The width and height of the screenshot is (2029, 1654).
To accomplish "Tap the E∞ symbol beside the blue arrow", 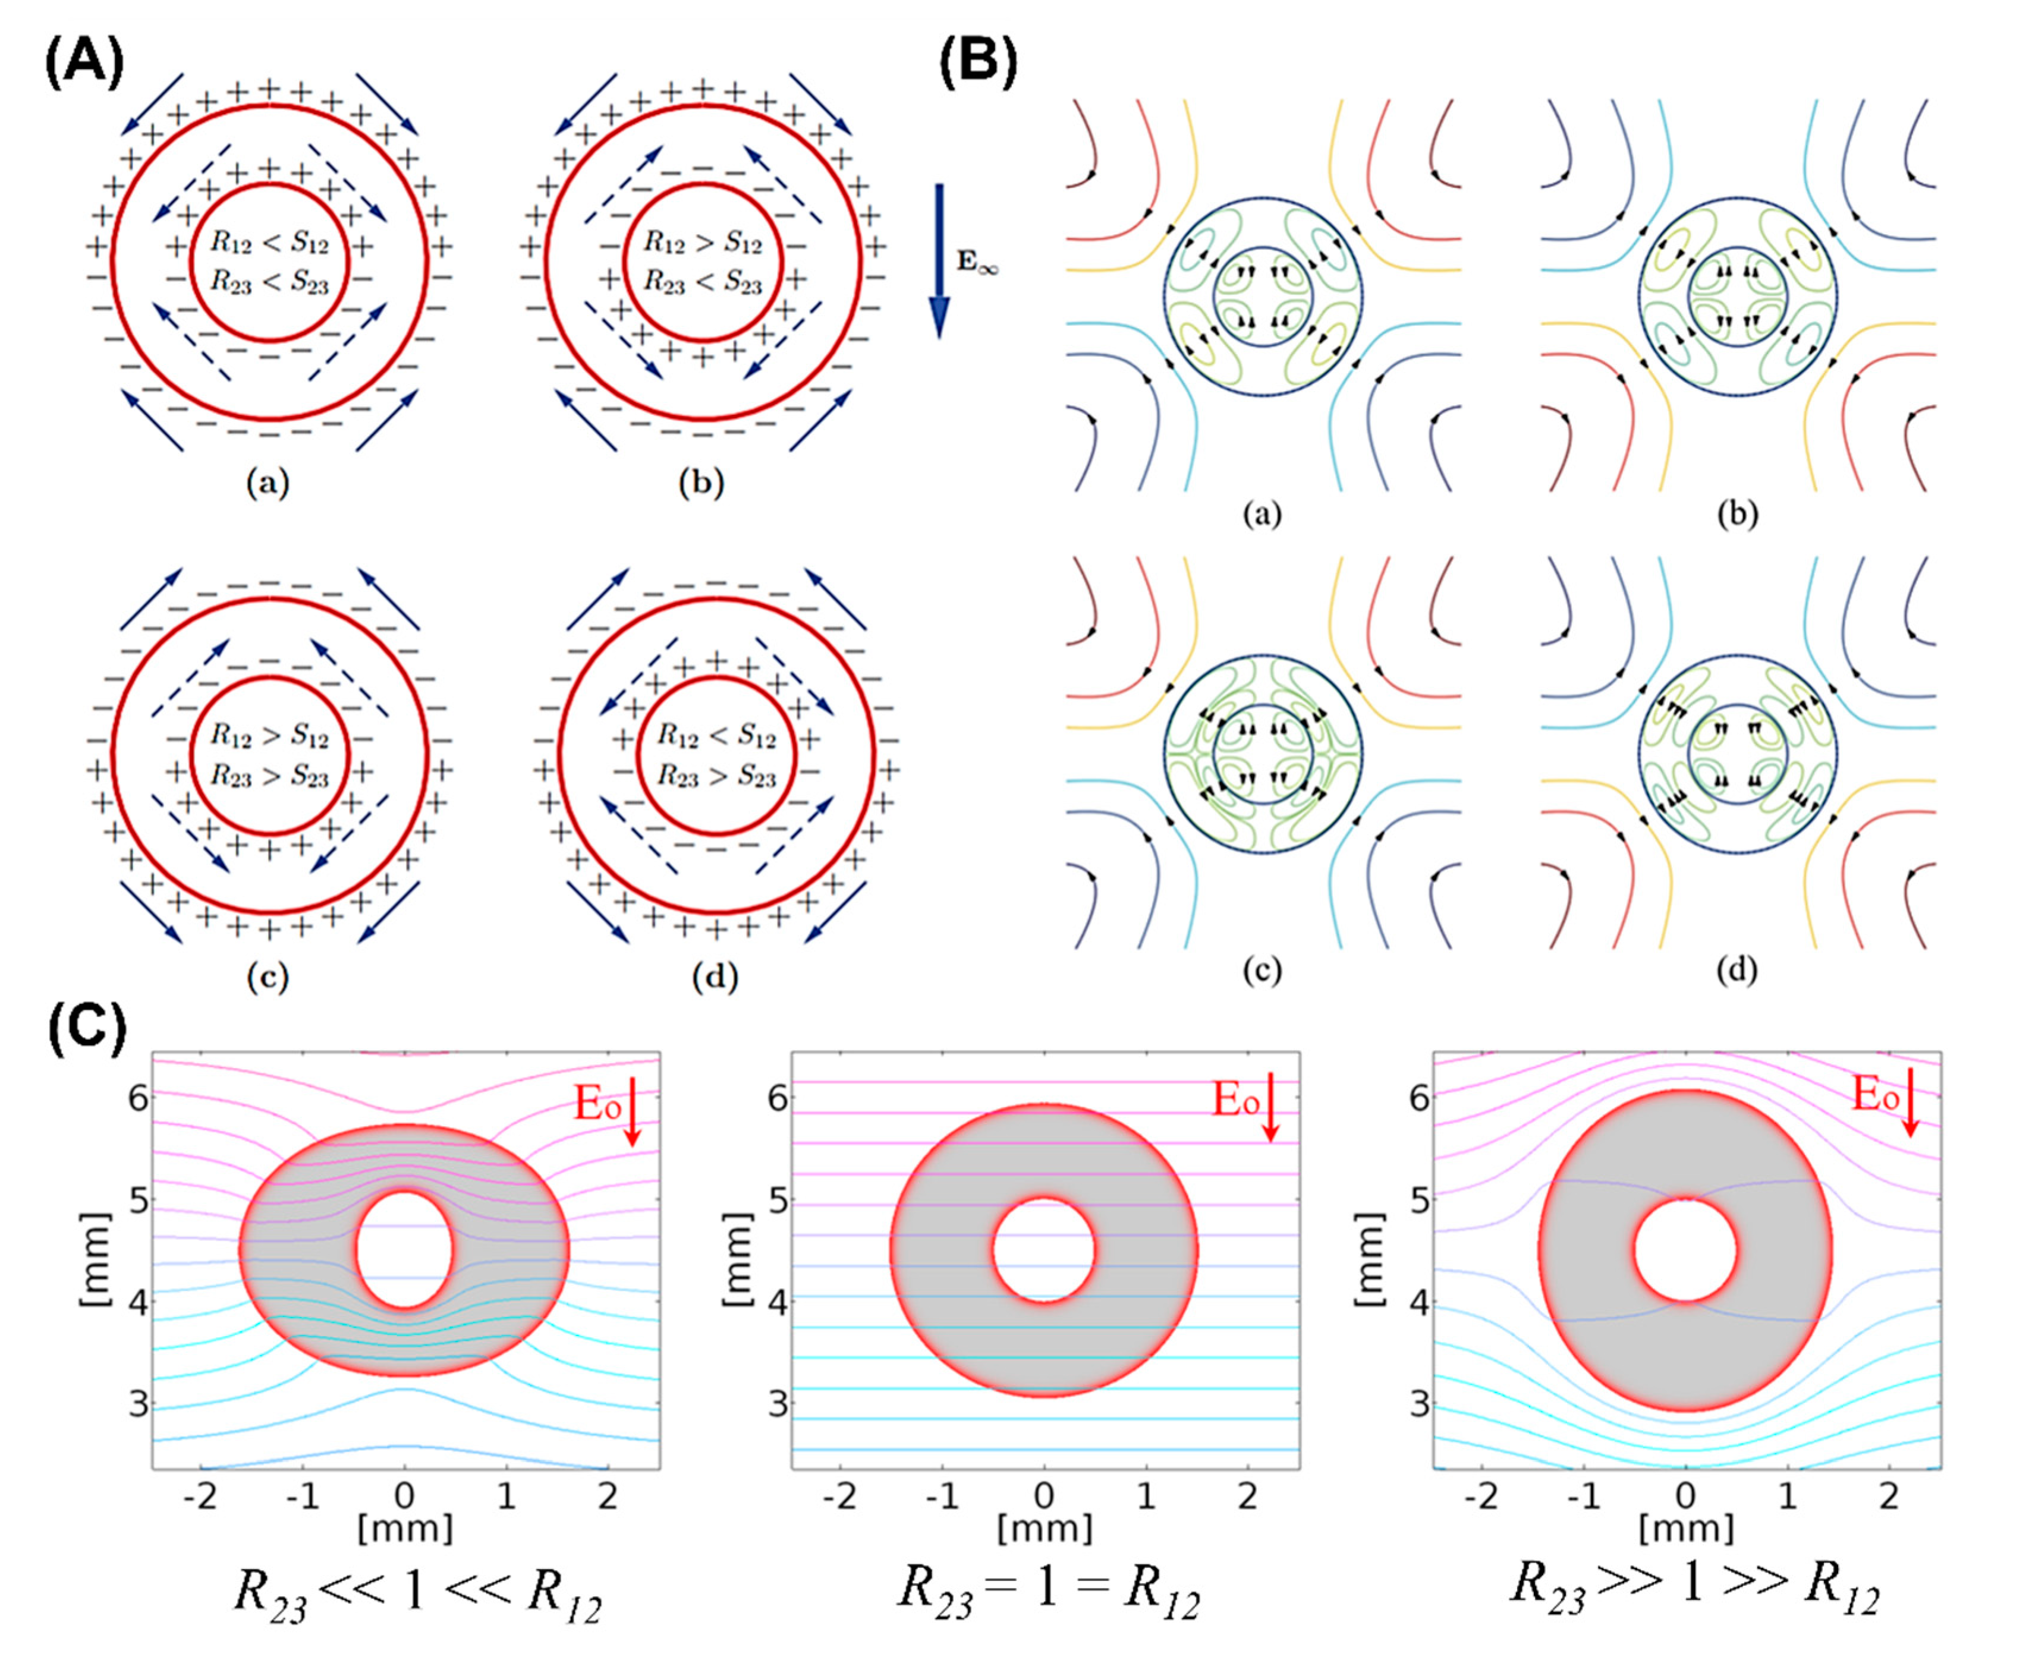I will pyautogui.click(x=977, y=262).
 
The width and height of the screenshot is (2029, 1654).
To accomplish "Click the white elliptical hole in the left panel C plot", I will pyautogui.click(x=404, y=1249).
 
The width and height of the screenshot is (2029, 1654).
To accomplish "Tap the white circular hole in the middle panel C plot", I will pyautogui.click(x=1045, y=1250).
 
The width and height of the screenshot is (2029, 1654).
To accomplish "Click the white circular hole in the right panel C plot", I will pyautogui.click(x=1685, y=1250).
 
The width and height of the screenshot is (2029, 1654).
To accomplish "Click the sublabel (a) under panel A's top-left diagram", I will pyautogui.click(x=268, y=484).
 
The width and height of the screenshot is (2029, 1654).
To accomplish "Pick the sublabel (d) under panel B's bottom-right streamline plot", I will pyautogui.click(x=1737, y=970).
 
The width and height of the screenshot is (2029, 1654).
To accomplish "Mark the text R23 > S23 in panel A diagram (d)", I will pyautogui.click(x=717, y=777).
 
